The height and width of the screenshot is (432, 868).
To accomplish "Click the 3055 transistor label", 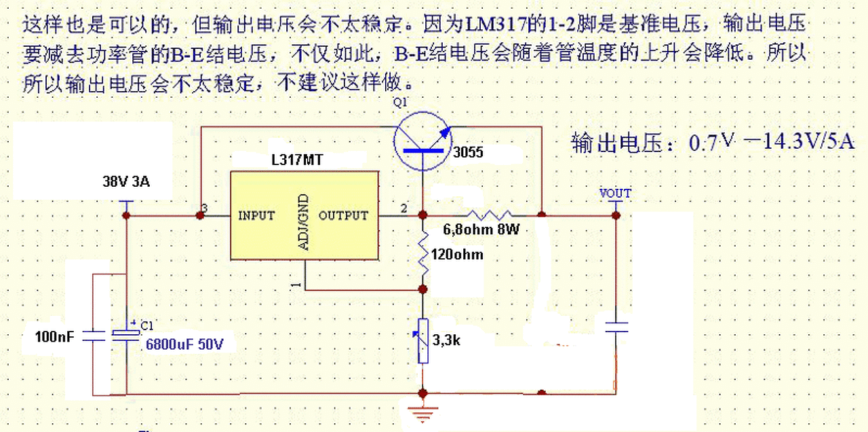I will click(468, 153).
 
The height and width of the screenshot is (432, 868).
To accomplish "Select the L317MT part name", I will click(297, 161).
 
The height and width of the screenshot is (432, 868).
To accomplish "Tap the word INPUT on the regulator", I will click(256, 216).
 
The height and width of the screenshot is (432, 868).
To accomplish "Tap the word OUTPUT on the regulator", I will click(343, 216).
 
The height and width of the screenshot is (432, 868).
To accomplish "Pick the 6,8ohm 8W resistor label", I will click(481, 230).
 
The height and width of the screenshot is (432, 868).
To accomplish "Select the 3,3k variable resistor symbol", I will click(423, 340).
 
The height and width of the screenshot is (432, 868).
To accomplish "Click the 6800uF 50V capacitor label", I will click(184, 345).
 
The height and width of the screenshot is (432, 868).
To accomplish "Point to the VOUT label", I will click(615, 194).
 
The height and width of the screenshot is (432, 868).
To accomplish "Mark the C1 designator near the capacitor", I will click(148, 326).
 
